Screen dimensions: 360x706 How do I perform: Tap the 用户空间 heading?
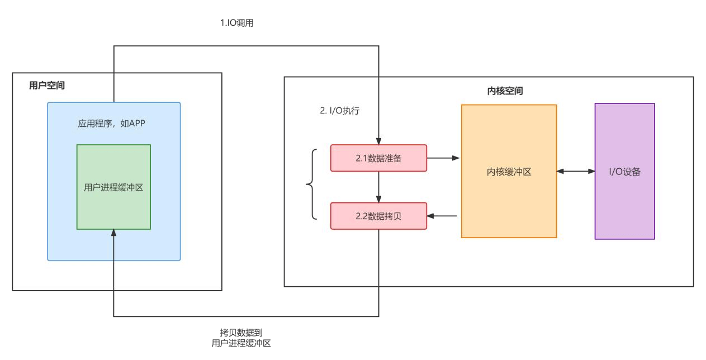point(47,86)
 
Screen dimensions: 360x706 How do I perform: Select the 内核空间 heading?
point(505,91)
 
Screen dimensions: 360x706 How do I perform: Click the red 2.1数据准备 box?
point(378,158)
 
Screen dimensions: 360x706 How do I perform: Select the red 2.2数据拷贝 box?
point(378,216)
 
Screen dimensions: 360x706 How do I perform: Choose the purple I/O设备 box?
point(624,172)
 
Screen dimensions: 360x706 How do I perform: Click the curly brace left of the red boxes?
point(311,184)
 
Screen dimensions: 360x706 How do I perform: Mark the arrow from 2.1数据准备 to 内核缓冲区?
point(443,158)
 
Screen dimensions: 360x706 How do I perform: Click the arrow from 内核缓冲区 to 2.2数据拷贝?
point(443,216)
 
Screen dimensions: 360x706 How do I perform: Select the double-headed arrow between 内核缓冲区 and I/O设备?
point(576,172)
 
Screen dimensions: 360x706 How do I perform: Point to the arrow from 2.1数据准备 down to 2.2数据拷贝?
point(379,187)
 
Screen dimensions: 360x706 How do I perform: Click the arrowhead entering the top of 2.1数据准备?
point(379,141)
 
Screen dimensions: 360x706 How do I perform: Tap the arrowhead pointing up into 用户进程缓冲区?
point(113,233)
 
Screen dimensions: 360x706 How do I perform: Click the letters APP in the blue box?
point(138,123)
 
